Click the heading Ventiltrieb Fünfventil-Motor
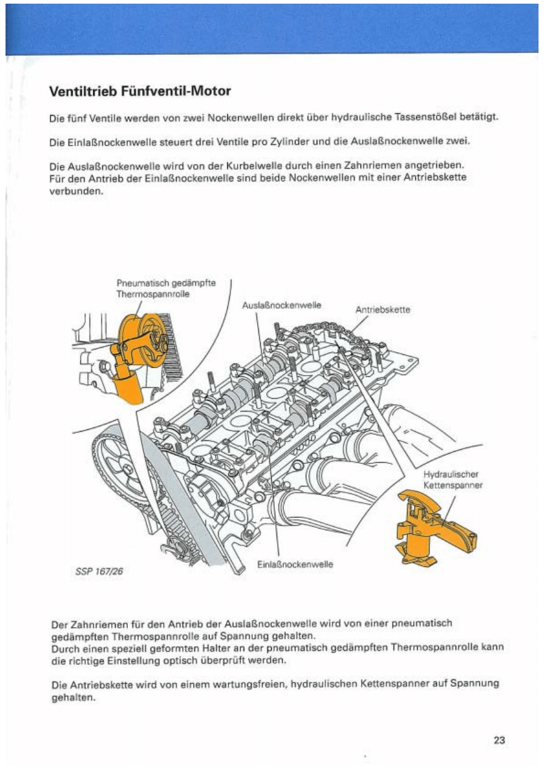(x=140, y=92)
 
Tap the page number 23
(x=500, y=740)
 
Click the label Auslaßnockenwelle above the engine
(x=281, y=304)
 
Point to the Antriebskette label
(x=383, y=309)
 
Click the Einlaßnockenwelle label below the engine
(x=295, y=564)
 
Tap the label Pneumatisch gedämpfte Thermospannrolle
(x=166, y=287)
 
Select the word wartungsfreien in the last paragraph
(x=252, y=684)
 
